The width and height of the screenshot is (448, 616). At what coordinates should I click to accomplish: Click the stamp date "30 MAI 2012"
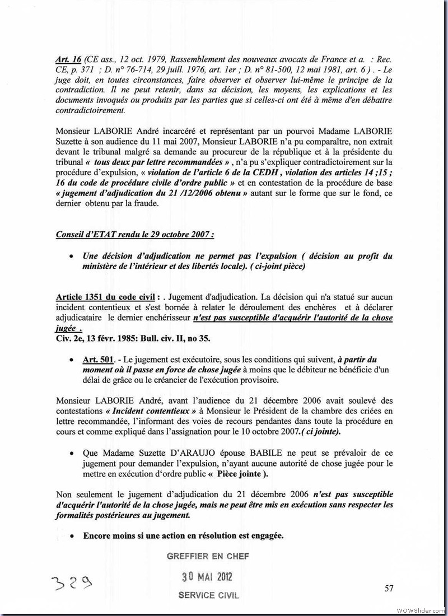click(208, 577)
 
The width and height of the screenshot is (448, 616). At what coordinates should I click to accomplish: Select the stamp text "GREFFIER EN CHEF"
click(208, 556)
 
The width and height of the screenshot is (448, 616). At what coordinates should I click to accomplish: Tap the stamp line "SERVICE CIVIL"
click(208, 595)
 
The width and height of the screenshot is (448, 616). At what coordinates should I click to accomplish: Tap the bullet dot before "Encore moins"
click(72, 535)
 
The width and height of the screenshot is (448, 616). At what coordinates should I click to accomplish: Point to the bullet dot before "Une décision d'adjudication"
click(72, 256)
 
